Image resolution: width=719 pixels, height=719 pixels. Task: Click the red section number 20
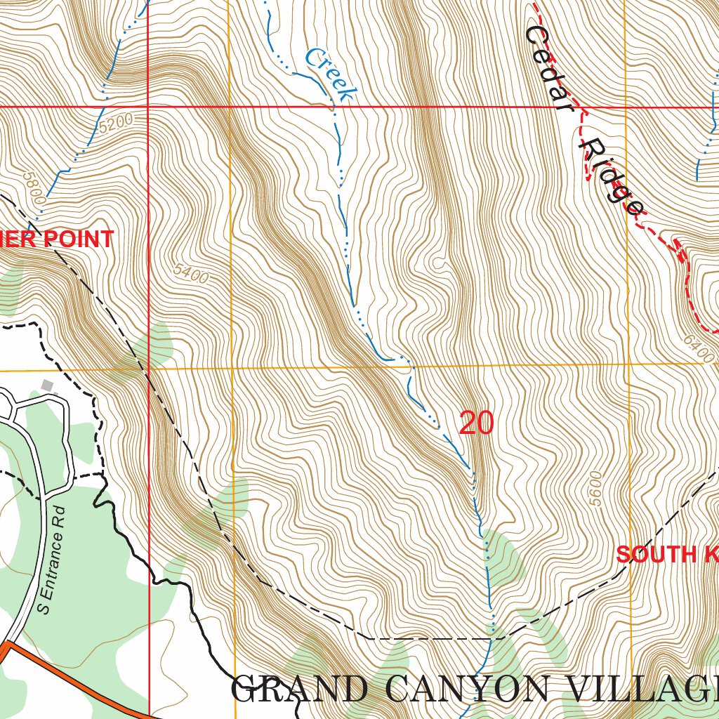476,423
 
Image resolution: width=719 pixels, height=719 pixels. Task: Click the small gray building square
47,385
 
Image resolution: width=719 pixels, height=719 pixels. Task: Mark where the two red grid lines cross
148,107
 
